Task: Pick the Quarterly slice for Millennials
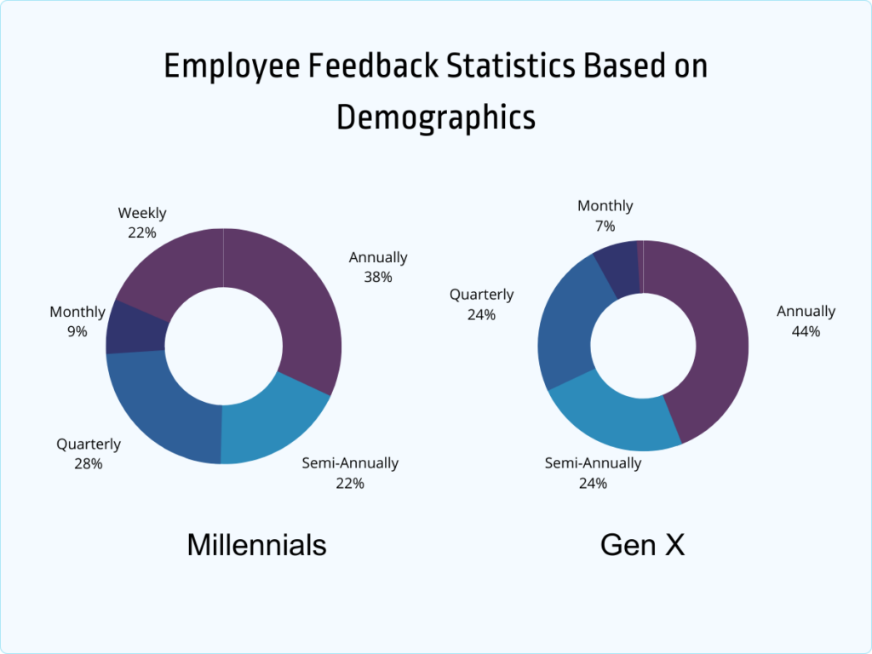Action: coord(158,409)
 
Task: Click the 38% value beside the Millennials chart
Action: coord(378,277)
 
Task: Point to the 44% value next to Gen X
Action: coord(806,331)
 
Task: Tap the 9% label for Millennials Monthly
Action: coord(77,331)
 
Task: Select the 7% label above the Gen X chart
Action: coord(605,226)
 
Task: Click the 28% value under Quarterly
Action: coord(89,464)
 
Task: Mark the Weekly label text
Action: coord(142,213)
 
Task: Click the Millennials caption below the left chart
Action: coord(256,544)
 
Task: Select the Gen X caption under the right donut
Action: coord(642,544)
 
